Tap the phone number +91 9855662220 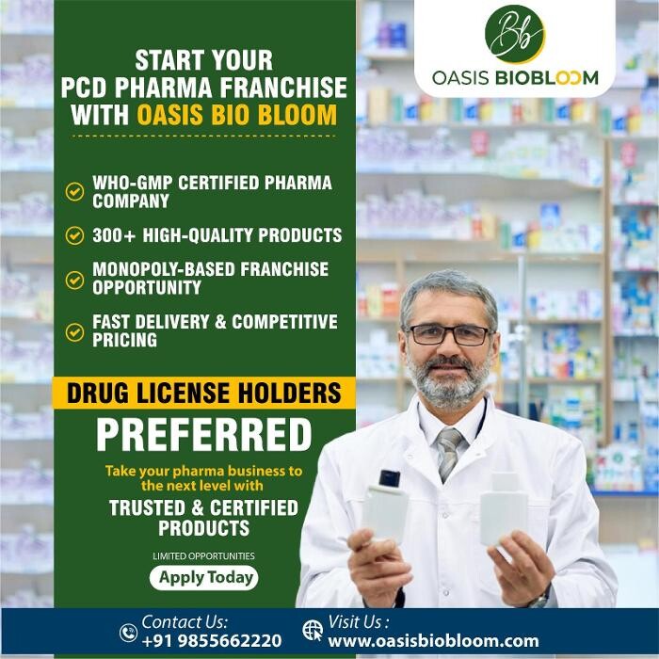point(211,641)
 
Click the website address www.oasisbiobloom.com point(433,641)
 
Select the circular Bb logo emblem point(514,35)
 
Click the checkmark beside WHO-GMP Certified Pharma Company point(74,191)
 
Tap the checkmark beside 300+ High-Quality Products point(74,235)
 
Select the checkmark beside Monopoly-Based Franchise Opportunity point(74,279)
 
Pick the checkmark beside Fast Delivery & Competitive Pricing point(74,331)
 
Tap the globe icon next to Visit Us point(313,631)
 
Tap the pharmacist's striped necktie point(450,451)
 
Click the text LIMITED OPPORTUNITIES point(203,555)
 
